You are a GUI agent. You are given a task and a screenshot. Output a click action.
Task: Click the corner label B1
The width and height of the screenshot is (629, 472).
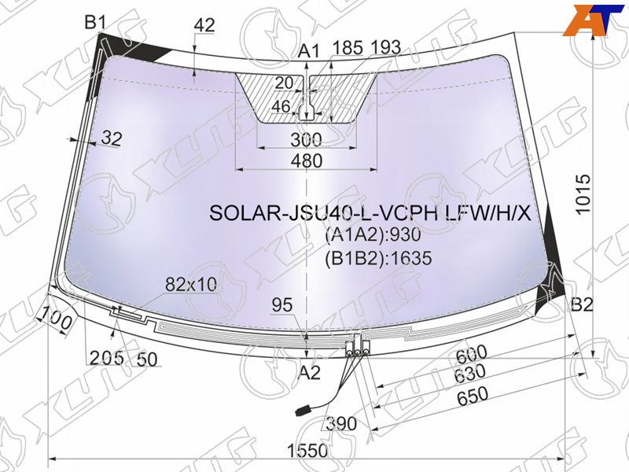point(94,22)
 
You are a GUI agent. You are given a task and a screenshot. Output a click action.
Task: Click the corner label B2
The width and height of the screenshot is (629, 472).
point(582,305)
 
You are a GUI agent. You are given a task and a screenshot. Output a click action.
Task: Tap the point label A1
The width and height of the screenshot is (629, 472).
point(310,51)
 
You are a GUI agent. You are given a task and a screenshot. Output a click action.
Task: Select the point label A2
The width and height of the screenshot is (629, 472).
point(309,373)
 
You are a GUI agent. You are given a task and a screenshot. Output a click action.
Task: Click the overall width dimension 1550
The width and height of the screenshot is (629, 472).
point(307,451)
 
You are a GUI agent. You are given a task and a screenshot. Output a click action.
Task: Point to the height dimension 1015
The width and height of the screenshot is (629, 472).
point(583,194)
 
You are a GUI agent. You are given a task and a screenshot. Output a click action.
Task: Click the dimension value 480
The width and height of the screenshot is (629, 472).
point(307,160)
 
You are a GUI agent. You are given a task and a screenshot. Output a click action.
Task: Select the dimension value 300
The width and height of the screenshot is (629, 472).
point(306,140)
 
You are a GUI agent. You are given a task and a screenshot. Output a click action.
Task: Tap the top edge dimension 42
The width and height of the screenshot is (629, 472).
point(204,25)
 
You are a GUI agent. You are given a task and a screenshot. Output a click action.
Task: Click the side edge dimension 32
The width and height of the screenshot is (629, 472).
point(112,138)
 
